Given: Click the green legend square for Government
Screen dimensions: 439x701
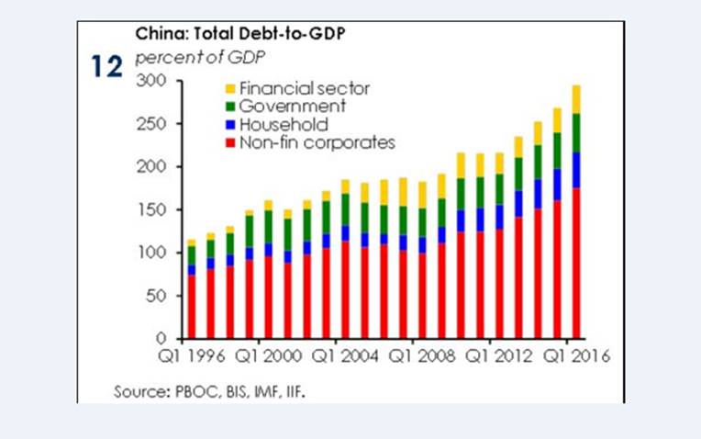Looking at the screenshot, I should coord(230,107).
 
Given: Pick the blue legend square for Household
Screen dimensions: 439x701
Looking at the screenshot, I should coord(230,125).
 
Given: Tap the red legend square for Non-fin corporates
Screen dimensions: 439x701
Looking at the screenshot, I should coord(230,142).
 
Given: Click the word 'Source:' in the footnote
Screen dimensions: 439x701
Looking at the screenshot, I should coord(139,392).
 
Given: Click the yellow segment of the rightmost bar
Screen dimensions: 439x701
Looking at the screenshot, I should coord(576,99).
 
